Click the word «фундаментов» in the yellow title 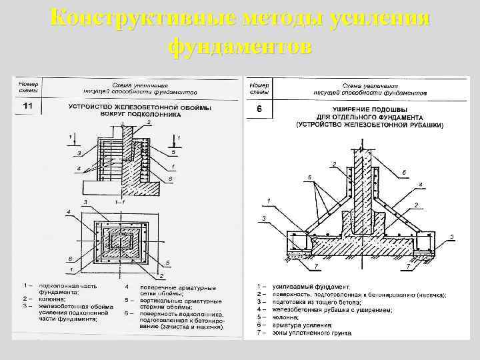coord(241,47)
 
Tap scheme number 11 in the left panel coord(28,106)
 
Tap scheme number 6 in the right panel coord(260,109)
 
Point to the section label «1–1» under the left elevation coord(121,200)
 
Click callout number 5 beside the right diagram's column coord(404,173)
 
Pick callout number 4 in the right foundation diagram coord(421,185)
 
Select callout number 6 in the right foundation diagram coord(309,177)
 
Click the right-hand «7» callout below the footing coord(408,267)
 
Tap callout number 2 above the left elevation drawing coord(149,123)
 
